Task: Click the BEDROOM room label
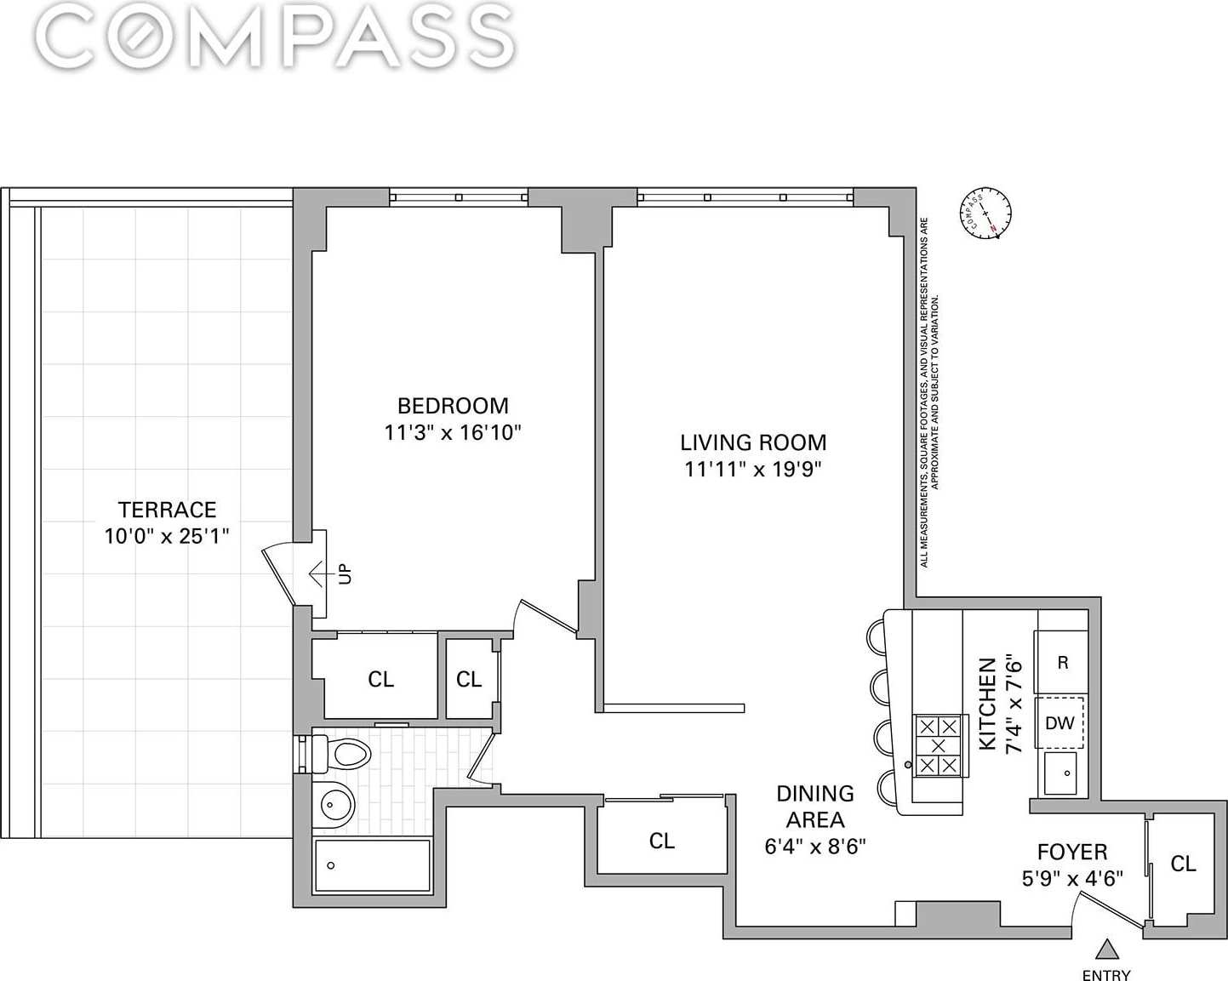click(x=453, y=406)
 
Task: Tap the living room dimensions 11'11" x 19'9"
click(x=752, y=469)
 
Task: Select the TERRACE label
click(x=167, y=509)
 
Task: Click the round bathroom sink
click(x=334, y=805)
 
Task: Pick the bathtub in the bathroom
click(x=372, y=865)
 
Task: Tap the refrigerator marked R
click(x=1062, y=662)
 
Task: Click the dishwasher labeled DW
click(x=1060, y=723)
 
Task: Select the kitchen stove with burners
click(x=939, y=745)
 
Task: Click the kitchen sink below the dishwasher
click(x=1060, y=773)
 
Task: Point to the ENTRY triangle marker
click(x=1107, y=949)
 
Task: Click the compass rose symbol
click(x=985, y=213)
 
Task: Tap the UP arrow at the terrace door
click(x=321, y=573)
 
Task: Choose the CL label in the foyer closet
click(x=1183, y=864)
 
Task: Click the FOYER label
click(x=1072, y=852)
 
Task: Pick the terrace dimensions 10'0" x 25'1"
click(x=167, y=536)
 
